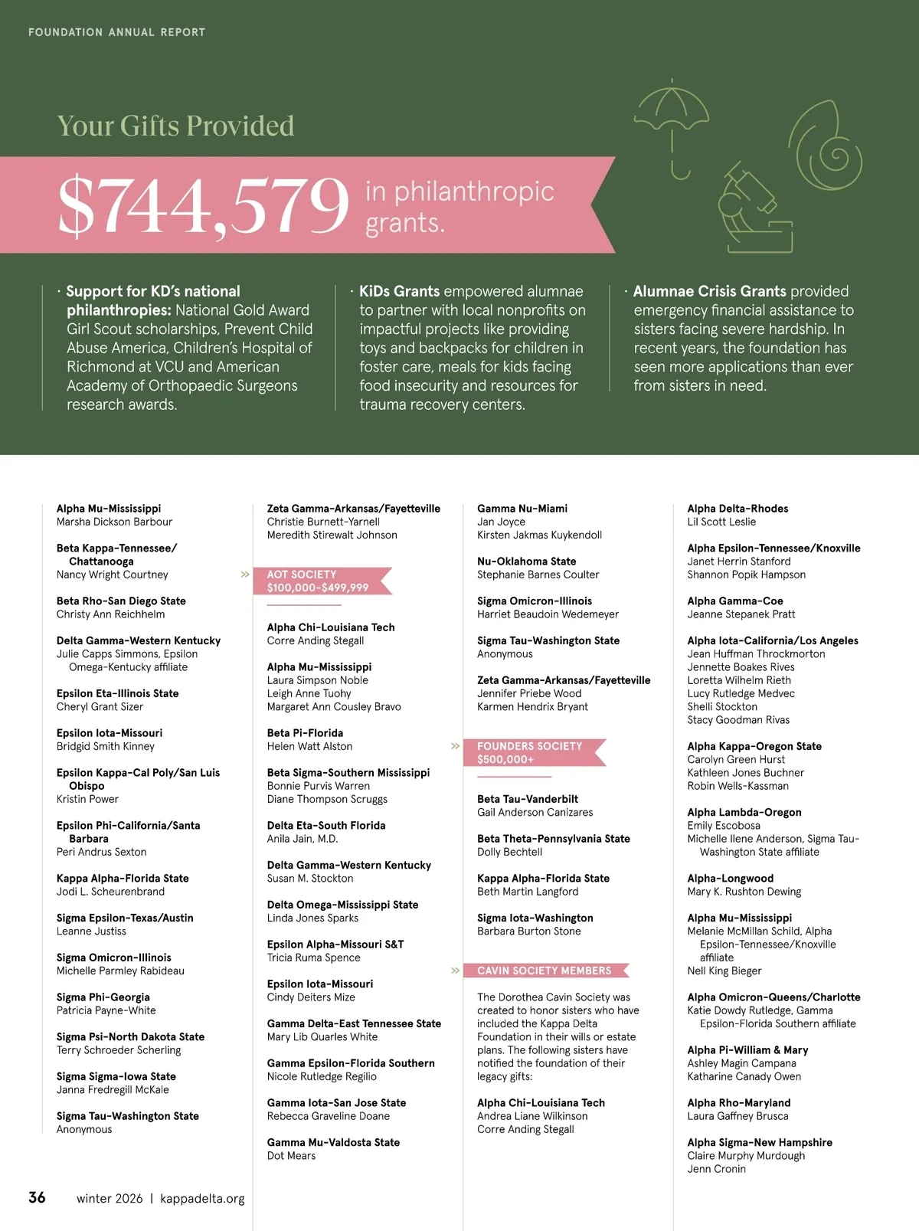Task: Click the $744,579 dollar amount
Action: click(203, 205)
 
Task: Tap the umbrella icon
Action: click(672, 123)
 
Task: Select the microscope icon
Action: click(754, 208)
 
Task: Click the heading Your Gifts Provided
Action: click(175, 126)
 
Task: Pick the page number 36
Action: click(37, 1197)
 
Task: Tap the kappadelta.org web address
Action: click(203, 1199)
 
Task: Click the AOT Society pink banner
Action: click(325, 581)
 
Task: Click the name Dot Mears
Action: click(291, 1156)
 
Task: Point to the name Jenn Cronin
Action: click(716, 1169)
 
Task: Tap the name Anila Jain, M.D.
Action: click(302, 839)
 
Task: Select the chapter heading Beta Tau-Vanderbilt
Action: click(528, 799)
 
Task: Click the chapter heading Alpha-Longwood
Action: click(730, 879)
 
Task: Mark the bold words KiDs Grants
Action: click(399, 291)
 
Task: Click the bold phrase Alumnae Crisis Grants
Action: click(709, 291)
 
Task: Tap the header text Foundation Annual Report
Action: click(116, 32)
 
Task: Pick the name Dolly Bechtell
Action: click(509, 852)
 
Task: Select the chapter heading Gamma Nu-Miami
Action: click(522, 509)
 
